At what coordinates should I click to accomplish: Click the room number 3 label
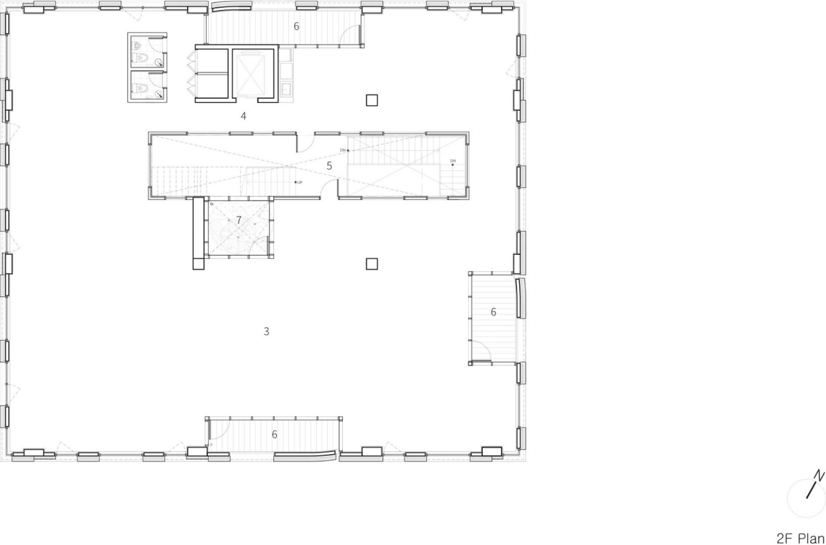tap(266, 332)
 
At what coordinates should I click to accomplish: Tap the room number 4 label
tap(243, 116)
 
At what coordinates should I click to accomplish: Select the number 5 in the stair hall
tap(329, 166)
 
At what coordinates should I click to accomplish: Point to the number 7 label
tap(239, 220)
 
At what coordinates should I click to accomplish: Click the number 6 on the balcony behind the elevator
tap(296, 27)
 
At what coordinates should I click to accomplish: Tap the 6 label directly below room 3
tap(275, 434)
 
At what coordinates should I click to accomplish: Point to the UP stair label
tap(299, 182)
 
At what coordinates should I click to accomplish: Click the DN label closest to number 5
tap(343, 150)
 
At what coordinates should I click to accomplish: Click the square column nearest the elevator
tap(371, 100)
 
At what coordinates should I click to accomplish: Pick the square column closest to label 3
tap(371, 264)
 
